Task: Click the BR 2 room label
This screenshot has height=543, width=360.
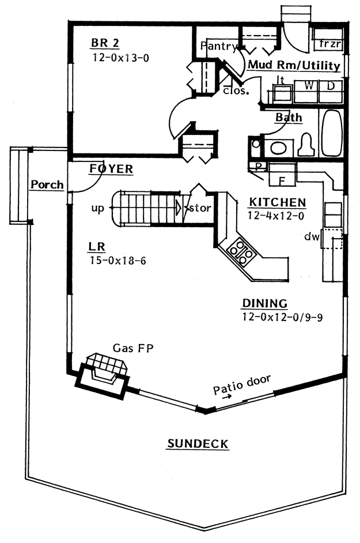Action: [x=105, y=43]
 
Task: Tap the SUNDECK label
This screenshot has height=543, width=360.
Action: [x=198, y=444]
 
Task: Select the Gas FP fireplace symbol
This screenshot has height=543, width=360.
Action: [x=102, y=376]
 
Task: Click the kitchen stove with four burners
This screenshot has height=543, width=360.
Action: [x=241, y=252]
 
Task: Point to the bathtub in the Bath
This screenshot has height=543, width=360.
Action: [x=332, y=133]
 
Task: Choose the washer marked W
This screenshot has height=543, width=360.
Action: [x=306, y=91]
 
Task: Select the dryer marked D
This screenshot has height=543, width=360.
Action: [x=331, y=91]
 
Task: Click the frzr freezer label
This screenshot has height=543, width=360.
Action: [x=330, y=44]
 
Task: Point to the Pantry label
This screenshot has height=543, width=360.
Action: [x=219, y=46]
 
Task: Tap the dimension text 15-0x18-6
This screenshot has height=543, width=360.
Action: [x=118, y=261]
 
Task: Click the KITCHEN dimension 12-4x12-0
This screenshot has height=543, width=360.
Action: [x=276, y=216]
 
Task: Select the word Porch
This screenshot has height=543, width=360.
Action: [x=47, y=184]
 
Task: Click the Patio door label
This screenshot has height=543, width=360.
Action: [x=241, y=384]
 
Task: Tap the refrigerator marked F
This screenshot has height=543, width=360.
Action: [x=282, y=176]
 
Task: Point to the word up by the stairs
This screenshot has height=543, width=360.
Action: [x=97, y=209]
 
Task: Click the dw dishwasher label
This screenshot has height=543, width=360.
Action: [x=312, y=236]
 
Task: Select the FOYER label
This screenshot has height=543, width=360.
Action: [x=112, y=169]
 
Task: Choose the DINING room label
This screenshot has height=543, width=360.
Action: [x=265, y=303]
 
